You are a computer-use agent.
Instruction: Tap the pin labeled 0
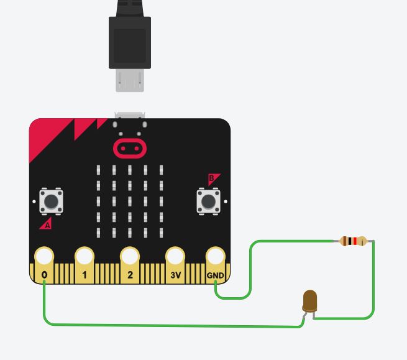[44, 257]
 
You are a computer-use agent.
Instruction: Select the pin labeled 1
[84, 257]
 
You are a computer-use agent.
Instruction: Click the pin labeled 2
[129, 257]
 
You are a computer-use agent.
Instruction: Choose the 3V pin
[175, 257]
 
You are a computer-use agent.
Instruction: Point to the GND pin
[215, 257]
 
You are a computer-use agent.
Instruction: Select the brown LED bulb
[309, 301]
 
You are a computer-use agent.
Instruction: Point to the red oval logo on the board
[130, 148]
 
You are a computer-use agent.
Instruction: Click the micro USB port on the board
[130, 116]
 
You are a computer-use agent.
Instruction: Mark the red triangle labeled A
[46, 224]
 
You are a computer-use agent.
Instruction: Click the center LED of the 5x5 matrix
[130, 201]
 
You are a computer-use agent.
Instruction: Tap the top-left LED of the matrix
[99, 170]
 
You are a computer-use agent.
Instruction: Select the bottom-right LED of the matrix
[161, 233]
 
